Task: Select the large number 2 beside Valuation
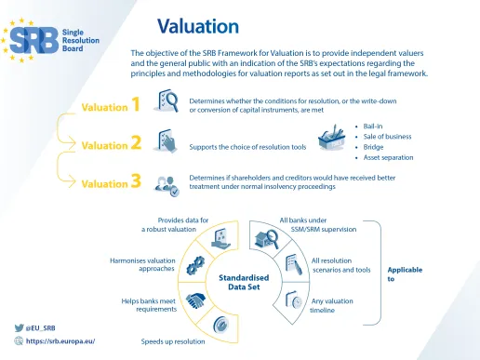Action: coord(136,143)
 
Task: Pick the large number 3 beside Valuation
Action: coord(136,181)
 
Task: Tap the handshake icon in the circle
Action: coord(196,301)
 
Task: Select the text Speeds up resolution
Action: coord(173,341)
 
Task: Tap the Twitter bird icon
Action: coord(19,327)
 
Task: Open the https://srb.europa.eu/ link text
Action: coord(60,340)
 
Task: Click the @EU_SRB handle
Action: coord(41,327)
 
